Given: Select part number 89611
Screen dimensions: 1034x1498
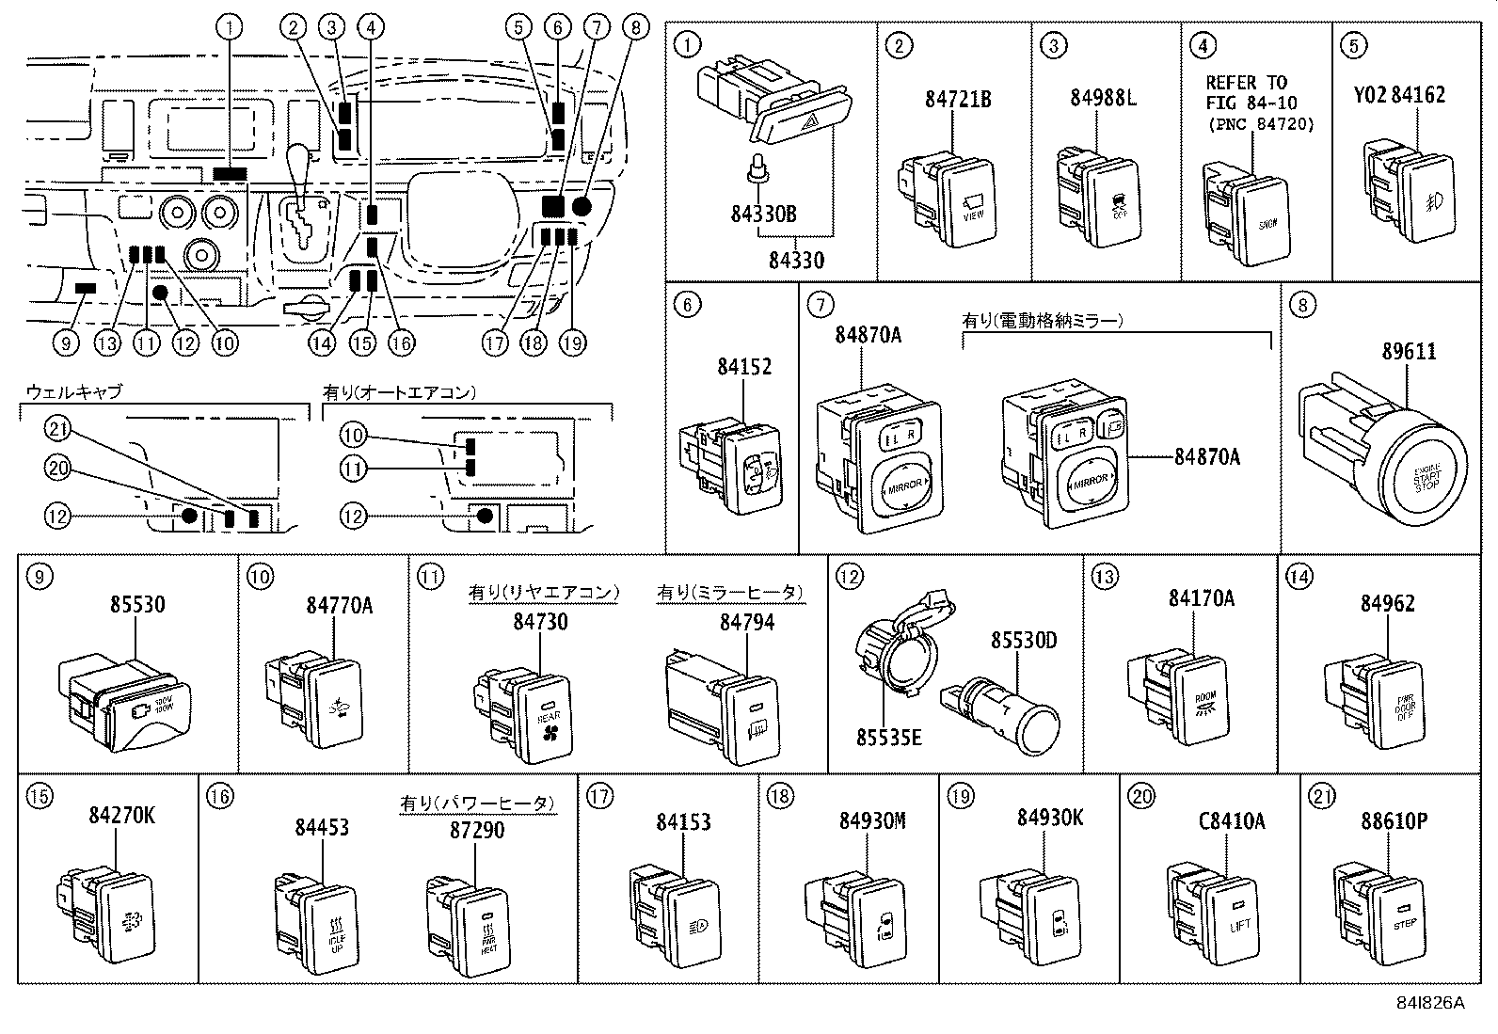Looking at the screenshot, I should pyautogui.click(x=1409, y=351).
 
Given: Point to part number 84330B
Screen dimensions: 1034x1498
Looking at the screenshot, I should pyautogui.click(x=762, y=215).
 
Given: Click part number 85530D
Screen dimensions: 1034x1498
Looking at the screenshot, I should pyautogui.click(x=1024, y=641).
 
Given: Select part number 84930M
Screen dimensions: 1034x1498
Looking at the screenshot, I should pyautogui.click(x=871, y=820).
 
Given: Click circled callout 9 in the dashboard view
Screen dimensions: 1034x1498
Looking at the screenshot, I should pyautogui.click(x=65, y=343).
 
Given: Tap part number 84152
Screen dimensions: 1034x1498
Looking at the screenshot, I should pyautogui.click(x=743, y=367).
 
